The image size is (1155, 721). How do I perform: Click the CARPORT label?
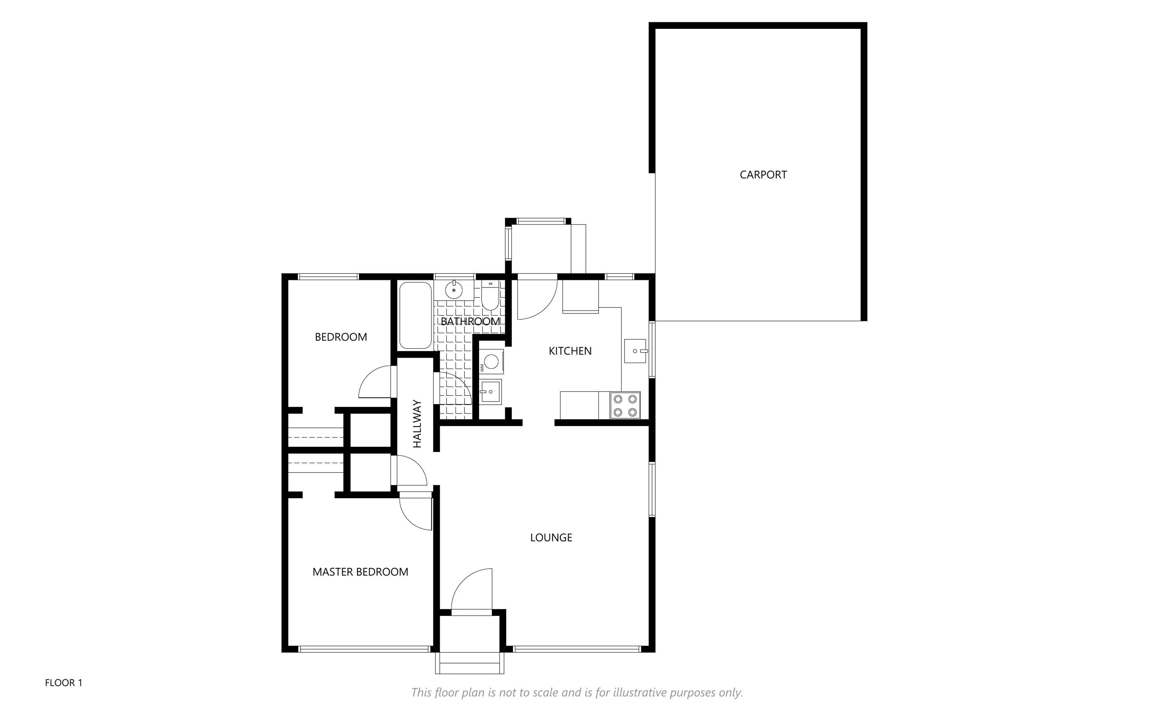(763, 175)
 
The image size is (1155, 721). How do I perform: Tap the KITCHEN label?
(570, 351)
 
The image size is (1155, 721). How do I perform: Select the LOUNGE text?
(551, 537)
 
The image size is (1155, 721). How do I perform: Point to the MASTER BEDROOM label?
(360, 572)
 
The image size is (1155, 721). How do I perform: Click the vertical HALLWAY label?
(417, 423)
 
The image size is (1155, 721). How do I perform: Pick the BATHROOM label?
(470, 321)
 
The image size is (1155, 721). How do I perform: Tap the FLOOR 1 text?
(63, 683)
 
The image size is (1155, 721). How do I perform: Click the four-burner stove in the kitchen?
(625, 405)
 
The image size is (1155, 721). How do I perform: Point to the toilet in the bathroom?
(490, 296)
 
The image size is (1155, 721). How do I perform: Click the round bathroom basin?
(454, 289)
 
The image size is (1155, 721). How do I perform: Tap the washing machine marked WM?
(491, 361)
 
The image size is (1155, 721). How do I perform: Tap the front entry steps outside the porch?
(470, 663)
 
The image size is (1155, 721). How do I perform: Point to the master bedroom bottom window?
(365, 649)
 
